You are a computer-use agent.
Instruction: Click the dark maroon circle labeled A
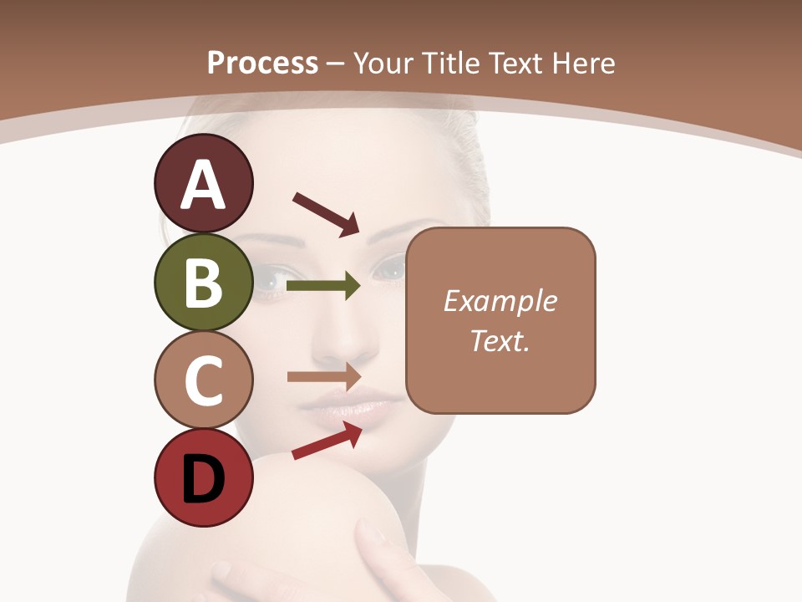point(203,184)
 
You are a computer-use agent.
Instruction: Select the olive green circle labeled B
point(203,282)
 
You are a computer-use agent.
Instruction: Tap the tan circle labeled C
point(203,380)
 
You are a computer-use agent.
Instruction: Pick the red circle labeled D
point(203,477)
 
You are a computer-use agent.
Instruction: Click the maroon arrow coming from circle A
point(326,214)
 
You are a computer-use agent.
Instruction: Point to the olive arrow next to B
point(323,286)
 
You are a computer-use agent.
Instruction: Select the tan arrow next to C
point(324,376)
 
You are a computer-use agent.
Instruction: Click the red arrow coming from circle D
point(327,441)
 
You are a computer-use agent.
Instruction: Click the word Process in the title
point(262,63)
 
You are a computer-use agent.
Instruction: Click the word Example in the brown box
point(500,301)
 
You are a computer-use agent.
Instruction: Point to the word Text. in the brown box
point(500,340)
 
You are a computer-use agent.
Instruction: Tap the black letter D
point(203,479)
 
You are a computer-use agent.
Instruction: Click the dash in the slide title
point(336,64)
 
